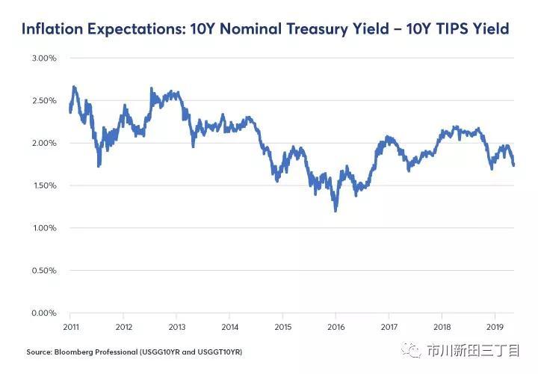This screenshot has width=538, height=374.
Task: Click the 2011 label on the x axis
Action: pyautogui.click(x=71, y=327)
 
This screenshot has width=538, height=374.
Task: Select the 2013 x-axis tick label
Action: pyautogui.click(x=177, y=327)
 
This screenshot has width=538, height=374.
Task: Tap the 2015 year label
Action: pyautogui.click(x=283, y=327)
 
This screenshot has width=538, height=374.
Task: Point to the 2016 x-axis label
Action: pyautogui.click(x=336, y=327)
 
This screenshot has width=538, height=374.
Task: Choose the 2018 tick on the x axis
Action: pyautogui.click(x=442, y=327)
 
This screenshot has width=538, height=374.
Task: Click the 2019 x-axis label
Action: pyautogui.click(x=495, y=327)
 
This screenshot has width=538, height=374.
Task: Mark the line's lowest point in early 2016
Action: pyautogui.click(x=336, y=211)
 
